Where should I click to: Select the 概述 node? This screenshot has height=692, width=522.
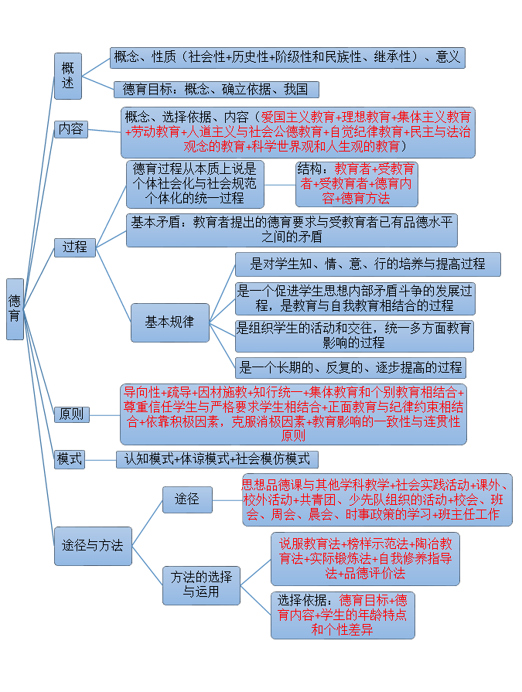point(68,76)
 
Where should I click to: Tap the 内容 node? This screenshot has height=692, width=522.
point(71,129)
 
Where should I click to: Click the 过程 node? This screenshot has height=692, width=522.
point(75,247)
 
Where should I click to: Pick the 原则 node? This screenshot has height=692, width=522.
point(71,414)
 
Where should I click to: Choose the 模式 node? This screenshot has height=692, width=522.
point(70,458)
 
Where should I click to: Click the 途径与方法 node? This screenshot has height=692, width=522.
point(93,545)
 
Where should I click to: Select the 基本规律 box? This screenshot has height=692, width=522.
point(169,322)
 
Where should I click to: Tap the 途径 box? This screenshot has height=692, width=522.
point(187,499)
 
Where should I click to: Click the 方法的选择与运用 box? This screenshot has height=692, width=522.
point(201,585)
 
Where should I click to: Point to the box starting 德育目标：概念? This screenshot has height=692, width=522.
point(216,90)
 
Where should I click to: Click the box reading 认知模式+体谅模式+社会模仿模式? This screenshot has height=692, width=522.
point(217,458)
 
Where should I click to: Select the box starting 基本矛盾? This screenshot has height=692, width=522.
point(292,230)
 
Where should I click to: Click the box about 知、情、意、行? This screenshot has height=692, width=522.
point(367,264)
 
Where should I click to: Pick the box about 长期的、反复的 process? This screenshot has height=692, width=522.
point(350,367)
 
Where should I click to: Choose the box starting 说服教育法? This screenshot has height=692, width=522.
point(364,557)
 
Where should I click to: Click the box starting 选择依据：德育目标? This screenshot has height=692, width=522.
point(343,615)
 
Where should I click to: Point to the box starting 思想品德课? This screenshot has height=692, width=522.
point(376,499)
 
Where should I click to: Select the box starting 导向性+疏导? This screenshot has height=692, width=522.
point(293,414)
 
